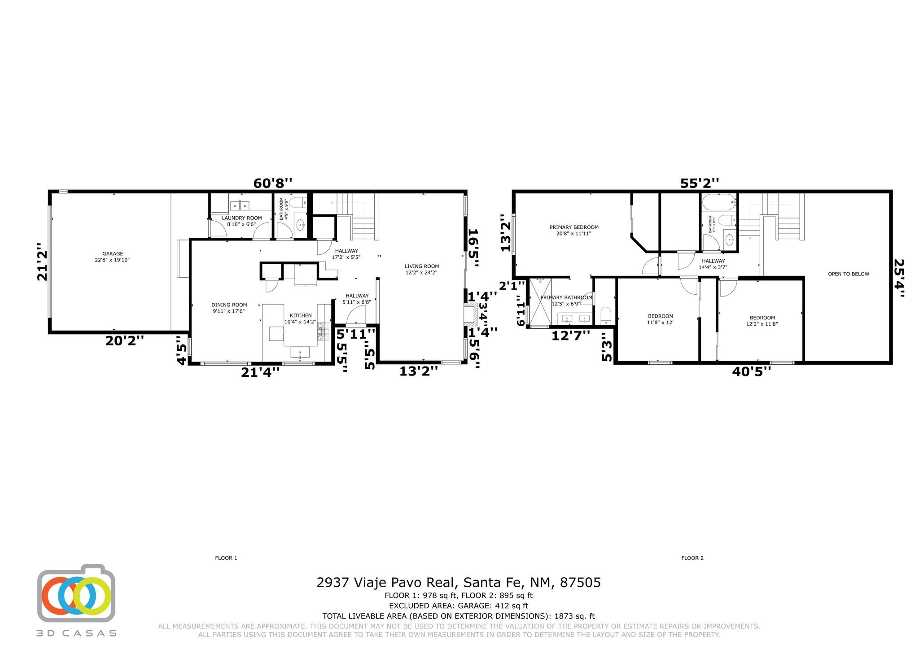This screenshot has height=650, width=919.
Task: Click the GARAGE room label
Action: click(112, 253)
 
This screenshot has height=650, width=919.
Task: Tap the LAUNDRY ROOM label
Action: click(242, 218)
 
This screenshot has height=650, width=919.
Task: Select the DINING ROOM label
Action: click(229, 305)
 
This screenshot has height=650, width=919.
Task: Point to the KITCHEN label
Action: click(301, 315)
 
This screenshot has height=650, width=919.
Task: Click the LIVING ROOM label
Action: click(422, 266)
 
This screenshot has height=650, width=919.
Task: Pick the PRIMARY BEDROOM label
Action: click(574, 227)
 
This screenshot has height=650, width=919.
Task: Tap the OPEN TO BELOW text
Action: click(849, 274)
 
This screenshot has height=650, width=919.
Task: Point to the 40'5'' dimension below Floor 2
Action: click(752, 371)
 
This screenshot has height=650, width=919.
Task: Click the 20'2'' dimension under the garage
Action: click(125, 340)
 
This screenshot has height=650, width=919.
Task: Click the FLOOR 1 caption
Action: click(226, 558)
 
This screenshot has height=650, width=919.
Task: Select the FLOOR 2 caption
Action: click(692, 558)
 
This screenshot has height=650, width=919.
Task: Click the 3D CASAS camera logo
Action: click(76, 593)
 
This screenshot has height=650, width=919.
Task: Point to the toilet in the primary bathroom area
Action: click(605, 315)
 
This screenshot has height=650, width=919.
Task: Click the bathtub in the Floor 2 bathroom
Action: click(719, 202)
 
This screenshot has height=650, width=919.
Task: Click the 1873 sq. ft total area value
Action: click(574, 616)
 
